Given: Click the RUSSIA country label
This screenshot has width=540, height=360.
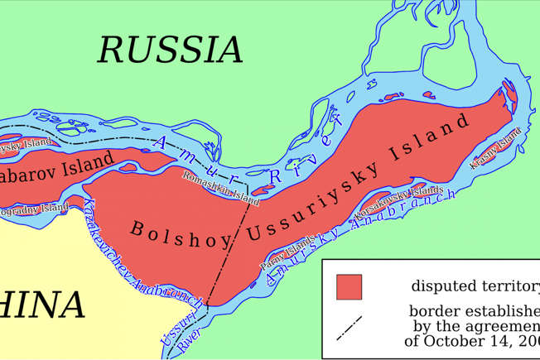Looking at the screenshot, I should pos(171,50).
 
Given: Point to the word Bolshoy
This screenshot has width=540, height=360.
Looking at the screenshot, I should pos(172,223).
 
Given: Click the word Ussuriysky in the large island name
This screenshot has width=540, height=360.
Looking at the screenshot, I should pos(312,197).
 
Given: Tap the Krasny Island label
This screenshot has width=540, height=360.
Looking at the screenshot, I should pos(496,148).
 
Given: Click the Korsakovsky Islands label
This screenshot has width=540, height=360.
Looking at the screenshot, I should pos(394,203).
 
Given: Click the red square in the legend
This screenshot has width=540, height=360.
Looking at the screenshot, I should pos(349,286).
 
